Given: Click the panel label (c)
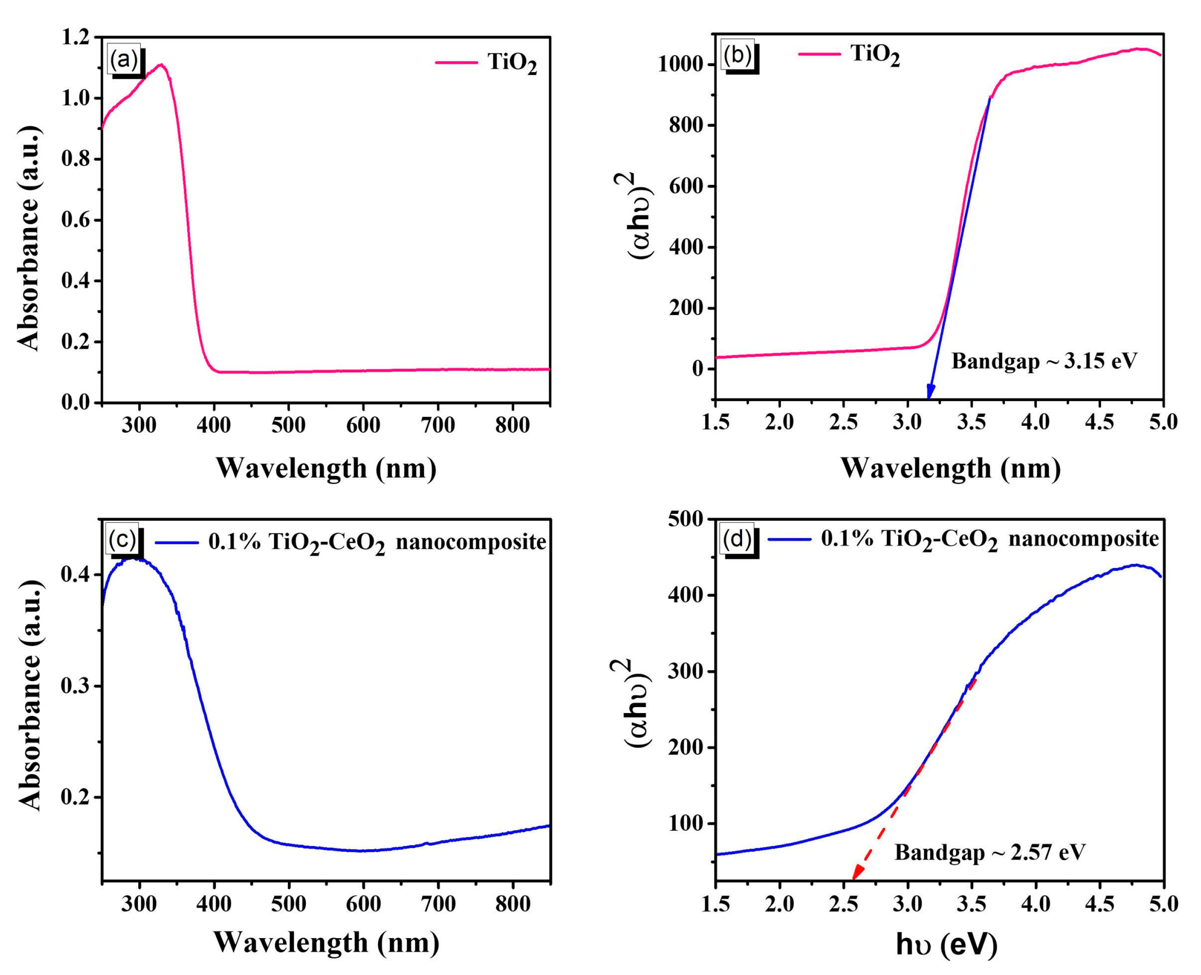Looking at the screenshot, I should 123,539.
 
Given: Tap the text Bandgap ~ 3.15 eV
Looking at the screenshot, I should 1044,361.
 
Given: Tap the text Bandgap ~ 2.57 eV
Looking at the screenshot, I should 990,852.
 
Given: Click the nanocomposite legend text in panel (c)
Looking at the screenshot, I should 376,543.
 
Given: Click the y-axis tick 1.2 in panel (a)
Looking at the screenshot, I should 77,38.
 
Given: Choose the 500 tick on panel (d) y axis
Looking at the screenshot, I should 685,520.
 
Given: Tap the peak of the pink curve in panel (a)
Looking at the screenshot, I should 161,64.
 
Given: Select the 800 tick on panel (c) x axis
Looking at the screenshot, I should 512,904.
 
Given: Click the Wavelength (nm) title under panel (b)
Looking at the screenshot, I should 950,468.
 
